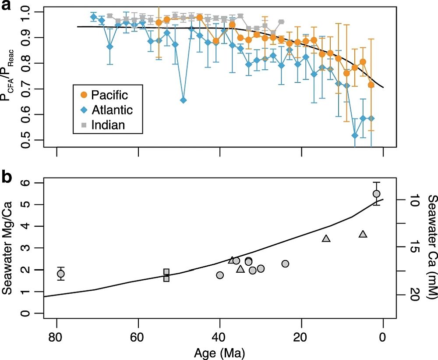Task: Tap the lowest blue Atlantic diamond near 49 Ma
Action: click(184, 100)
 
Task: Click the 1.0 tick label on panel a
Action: click(27, 12)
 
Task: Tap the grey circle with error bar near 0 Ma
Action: click(376, 194)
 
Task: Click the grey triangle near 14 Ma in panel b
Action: click(326, 239)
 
